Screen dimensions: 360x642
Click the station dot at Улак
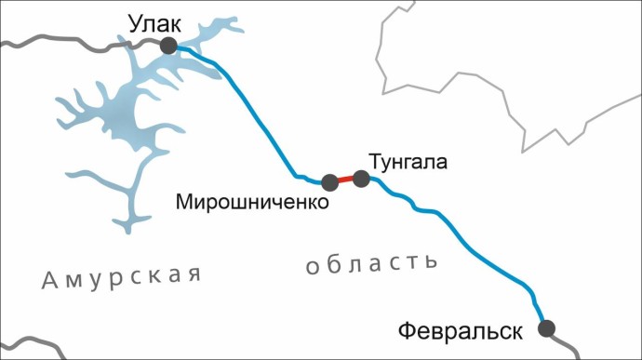click(x=168, y=46)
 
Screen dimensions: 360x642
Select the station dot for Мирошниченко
click(x=329, y=182)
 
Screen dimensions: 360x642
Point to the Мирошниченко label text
click(x=253, y=201)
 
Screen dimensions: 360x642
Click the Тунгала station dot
click(x=362, y=179)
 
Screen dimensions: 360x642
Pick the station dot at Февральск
click(x=546, y=327)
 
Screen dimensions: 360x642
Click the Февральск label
click(x=461, y=330)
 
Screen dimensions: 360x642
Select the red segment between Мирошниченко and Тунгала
click(x=345, y=180)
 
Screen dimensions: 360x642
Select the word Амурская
click(x=122, y=277)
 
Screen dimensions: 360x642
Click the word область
click(x=371, y=263)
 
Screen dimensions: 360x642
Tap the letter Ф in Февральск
click(x=407, y=330)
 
